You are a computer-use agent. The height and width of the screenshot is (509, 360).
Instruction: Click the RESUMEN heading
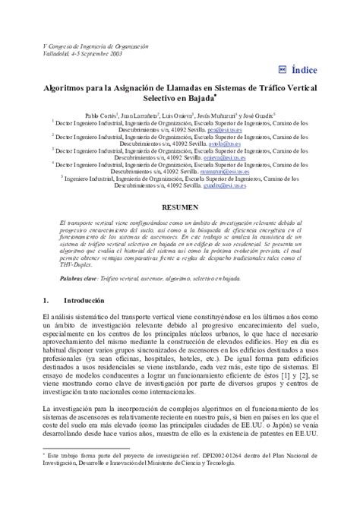(180, 207)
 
